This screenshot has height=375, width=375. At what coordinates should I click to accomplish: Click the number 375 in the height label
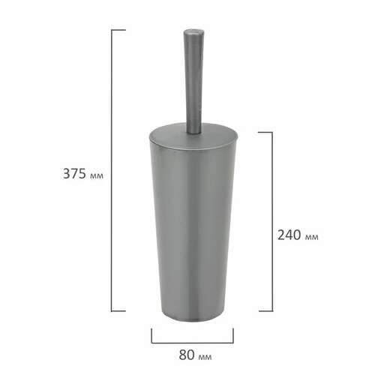74,174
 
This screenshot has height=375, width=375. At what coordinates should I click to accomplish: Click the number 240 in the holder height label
289,235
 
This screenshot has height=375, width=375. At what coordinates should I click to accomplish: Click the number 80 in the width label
187,355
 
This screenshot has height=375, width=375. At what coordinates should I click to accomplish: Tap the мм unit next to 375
96,176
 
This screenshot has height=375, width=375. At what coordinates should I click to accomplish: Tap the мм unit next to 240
312,237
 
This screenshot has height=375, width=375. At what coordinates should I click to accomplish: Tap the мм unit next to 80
205,357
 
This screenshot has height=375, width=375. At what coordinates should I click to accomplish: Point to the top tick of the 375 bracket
118,30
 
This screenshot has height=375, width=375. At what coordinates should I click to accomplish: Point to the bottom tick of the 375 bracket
118,311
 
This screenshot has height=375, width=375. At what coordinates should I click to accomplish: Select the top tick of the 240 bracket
265,132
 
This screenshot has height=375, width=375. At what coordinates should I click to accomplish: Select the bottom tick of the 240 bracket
265,311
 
